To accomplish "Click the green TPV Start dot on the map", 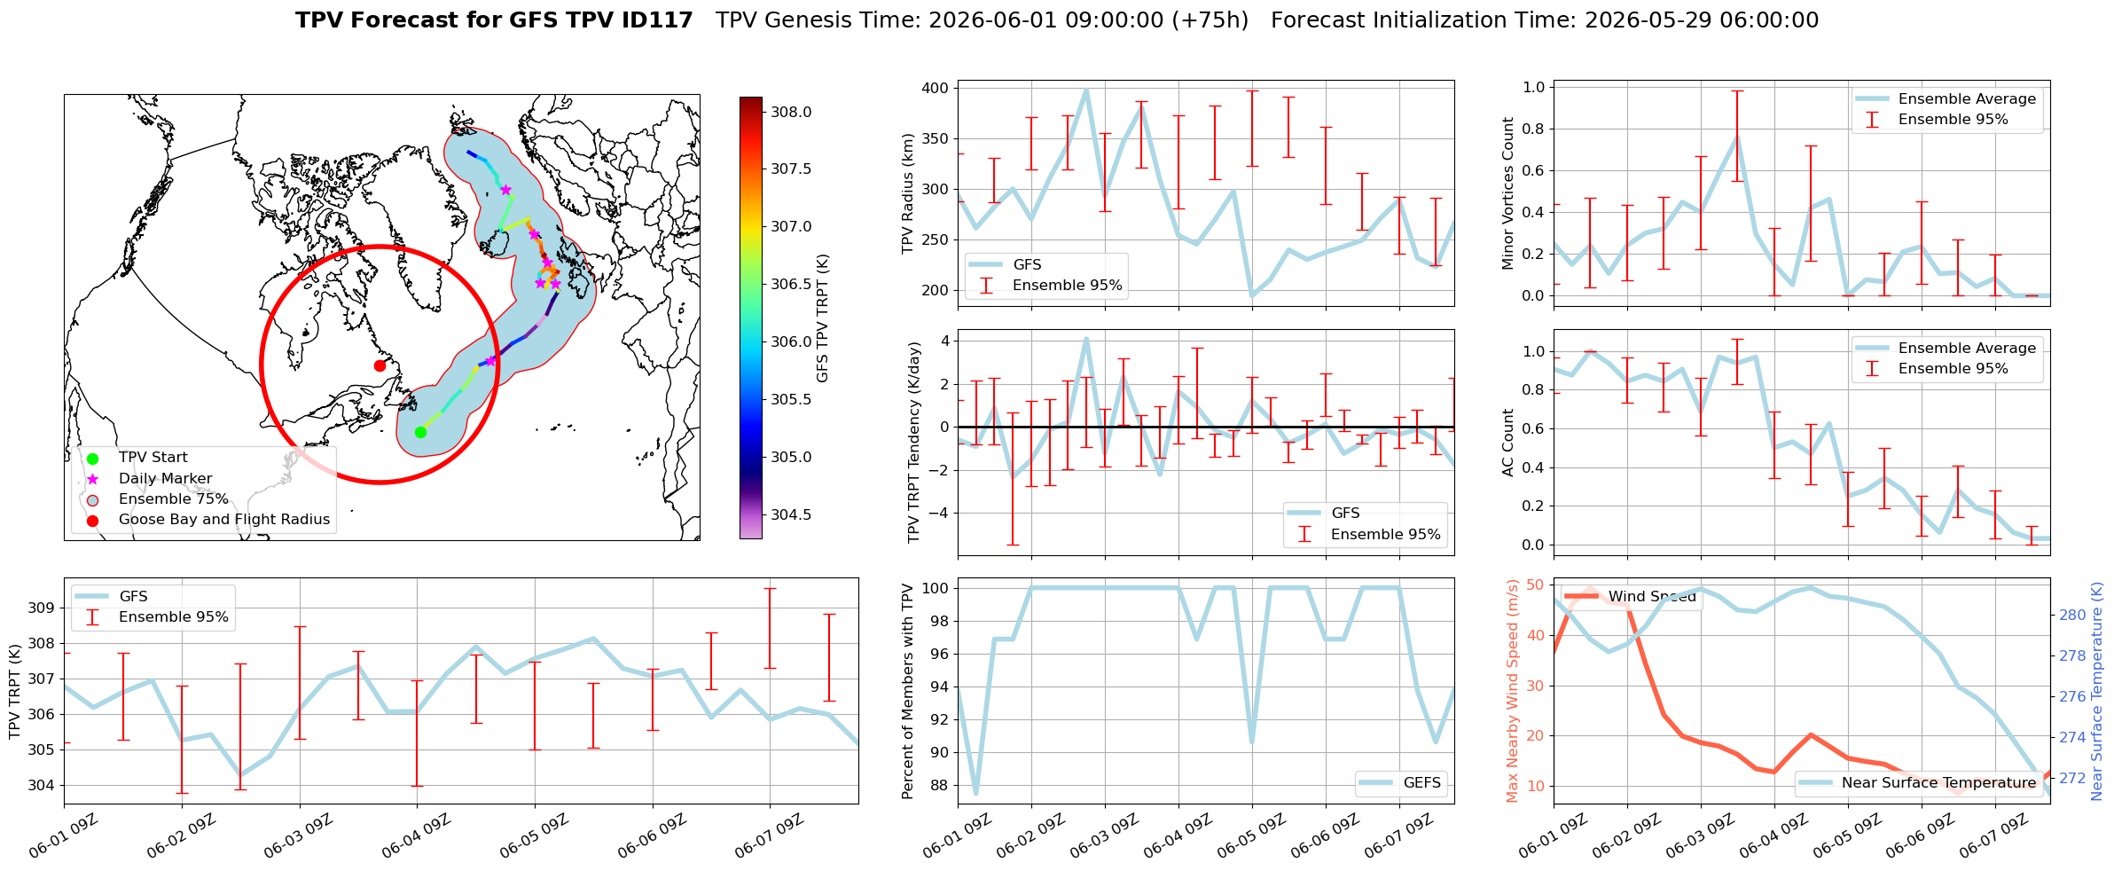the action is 420,432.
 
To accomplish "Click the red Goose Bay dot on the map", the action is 380,365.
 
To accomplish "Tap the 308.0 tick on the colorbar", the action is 791,112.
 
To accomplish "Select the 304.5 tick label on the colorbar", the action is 791,514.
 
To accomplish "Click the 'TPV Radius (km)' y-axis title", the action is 907,193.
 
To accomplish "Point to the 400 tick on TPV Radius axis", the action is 936,88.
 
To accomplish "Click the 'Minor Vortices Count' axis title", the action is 1507,193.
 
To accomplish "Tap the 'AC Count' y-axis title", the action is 1507,443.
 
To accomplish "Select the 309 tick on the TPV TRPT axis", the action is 41,608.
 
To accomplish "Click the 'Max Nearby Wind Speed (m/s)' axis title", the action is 1512,691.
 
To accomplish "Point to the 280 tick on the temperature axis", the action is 2072,615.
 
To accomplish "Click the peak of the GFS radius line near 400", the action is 1086,90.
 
